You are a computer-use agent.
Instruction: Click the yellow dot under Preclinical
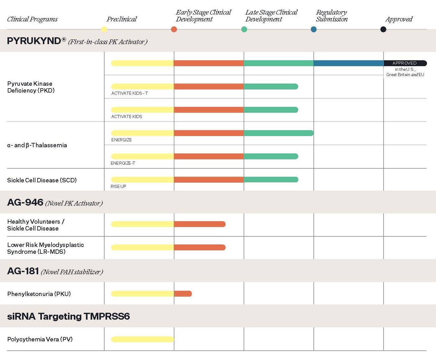pos(104,30)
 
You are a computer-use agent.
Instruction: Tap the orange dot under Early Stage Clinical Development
pos(174,30)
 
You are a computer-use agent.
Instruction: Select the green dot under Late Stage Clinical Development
pos(244,30)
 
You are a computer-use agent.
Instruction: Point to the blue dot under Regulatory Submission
pos(314,30)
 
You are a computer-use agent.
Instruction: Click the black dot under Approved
pos(383,30)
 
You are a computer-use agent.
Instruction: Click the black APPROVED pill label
pos(405,63)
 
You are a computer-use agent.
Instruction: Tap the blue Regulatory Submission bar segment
pos(348,63)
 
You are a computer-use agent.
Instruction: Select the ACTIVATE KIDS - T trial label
pos(130,93)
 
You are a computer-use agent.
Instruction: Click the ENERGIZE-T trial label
pos(123,163)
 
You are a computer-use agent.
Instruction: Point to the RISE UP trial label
pos(119,186)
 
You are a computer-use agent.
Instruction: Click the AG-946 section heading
pos(25,203)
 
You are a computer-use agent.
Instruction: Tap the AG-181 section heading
pos(23,271)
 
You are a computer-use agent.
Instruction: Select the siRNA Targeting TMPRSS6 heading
pos(68,317)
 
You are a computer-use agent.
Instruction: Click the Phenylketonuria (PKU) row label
pos(39,294)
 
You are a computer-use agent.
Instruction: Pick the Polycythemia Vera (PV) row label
pos(40,339)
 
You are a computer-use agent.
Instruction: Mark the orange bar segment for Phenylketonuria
pos(183,294)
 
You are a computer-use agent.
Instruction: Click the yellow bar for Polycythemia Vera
pos(142,339)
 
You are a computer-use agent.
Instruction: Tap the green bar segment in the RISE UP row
pos(271,180)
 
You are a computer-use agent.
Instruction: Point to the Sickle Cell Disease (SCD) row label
pos(42,180)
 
